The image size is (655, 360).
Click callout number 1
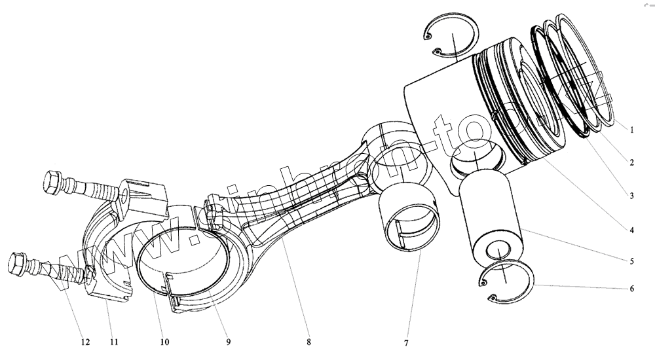pos(631,130)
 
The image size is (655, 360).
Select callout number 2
pos(631,162)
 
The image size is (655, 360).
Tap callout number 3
pos(631,195)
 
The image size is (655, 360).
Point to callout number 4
pos(631,230)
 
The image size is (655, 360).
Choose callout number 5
pos(631,261)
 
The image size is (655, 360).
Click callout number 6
pos(631,289)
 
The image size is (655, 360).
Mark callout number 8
pos(308,342)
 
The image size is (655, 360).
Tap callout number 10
pos(164,342)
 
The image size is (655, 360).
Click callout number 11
pos(114,342)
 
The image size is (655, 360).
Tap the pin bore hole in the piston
pos(475,160)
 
